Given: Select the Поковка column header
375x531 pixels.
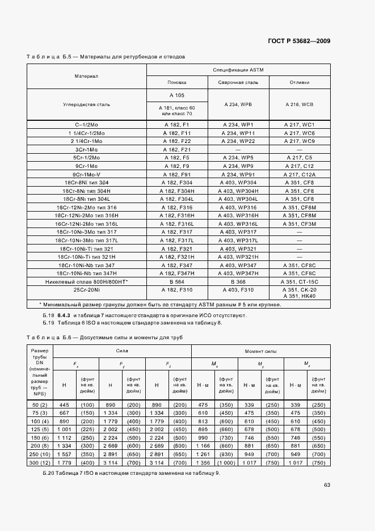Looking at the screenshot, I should [x=177, y=82].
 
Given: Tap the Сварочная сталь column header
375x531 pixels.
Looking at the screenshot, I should [x=238, y=82].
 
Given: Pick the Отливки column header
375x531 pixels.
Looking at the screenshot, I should [x=299, y=82].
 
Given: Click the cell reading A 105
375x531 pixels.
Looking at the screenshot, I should [x=177, y=95].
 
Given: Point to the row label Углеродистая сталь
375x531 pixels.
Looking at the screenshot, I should [x=87, y=104].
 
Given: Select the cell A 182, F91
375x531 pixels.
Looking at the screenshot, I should [x=177, y=174].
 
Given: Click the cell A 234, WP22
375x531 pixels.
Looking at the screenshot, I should [x=238, y=141].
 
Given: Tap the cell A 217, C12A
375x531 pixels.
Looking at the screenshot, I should [x=299, y=174].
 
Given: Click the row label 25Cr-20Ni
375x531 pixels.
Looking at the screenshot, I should [x=87, y=289].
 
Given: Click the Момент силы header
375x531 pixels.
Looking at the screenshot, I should [x=260, y=351].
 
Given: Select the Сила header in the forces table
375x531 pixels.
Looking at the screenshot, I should [x=122, y=351].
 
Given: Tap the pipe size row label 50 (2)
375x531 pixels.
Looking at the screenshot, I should [x=40, y=404].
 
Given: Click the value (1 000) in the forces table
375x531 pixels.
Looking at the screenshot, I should [x=226, y=463].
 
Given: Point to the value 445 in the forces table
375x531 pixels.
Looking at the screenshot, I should [x=64, y=404].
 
